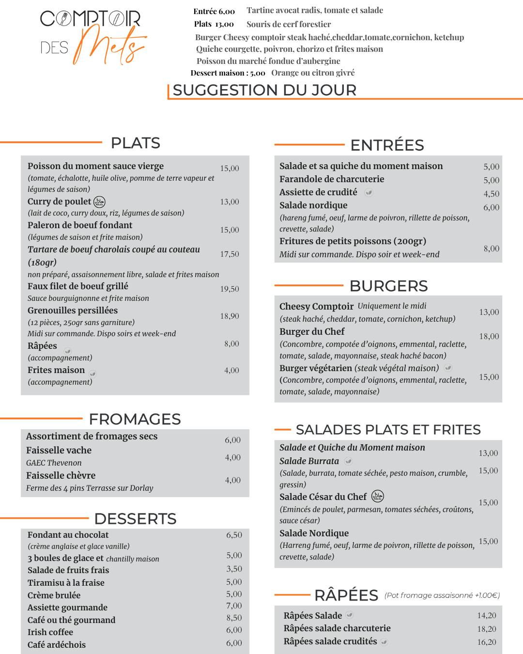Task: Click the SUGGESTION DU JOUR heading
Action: (x=264, y=90)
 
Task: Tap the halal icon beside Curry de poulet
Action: (x=99, y=202)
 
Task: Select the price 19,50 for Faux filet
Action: (x=230, y=289)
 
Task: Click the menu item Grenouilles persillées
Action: (x=73, y=311)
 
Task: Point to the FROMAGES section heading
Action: (x=135, y=419)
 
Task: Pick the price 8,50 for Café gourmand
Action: (x=234, y=618)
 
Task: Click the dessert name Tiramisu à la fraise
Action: (x=66, y=583)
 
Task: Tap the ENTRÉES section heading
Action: (x=387, y=145)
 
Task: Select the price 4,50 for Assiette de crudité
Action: (x=491, y=194)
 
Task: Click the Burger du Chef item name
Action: (x=312, y=332)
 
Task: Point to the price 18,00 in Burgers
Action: (x=489, y=336)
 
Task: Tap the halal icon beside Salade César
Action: (x=377, y=497)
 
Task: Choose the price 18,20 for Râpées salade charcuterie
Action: (x=486, y=629)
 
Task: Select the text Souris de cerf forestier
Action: (x=289, y=24)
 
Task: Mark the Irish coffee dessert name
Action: (x=50, y=632)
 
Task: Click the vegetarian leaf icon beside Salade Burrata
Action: (x=348, y=461)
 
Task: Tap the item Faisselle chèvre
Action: (x=61, y=475)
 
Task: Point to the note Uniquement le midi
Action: (x=392, y=306)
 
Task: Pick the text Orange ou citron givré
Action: (x=313, y=73)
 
